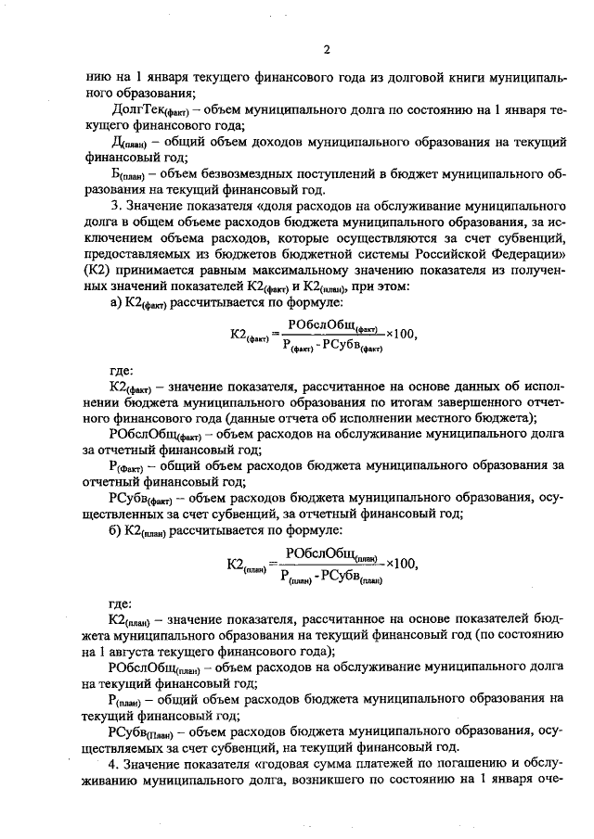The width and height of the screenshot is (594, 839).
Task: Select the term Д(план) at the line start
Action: point(129,144)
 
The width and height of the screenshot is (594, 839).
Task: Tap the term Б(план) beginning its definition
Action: point(130,175)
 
